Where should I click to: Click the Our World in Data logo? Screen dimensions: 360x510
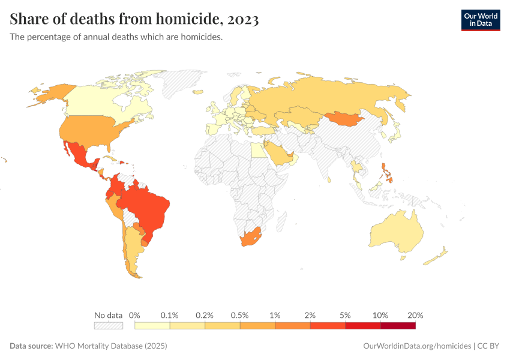coord(480,20)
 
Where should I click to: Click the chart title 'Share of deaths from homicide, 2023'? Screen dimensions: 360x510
coord(134,19)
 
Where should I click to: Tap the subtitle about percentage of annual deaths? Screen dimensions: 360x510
coord(116,37)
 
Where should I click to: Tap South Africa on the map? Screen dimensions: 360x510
coord(251,239)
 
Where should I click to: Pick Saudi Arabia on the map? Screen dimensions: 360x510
coord(278,154)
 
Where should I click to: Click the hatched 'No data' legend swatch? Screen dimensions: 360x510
coord(108,326)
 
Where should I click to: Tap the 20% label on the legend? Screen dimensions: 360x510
coord(415,315)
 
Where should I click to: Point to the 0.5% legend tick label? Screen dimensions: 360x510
coord(240,315)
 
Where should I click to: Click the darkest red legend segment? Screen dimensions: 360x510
coord(398,326)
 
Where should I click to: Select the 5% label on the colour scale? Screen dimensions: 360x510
coord(345,315)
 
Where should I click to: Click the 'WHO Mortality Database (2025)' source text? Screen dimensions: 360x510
coord(110,346)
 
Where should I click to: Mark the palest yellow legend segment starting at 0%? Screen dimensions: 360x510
coord(152,326)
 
